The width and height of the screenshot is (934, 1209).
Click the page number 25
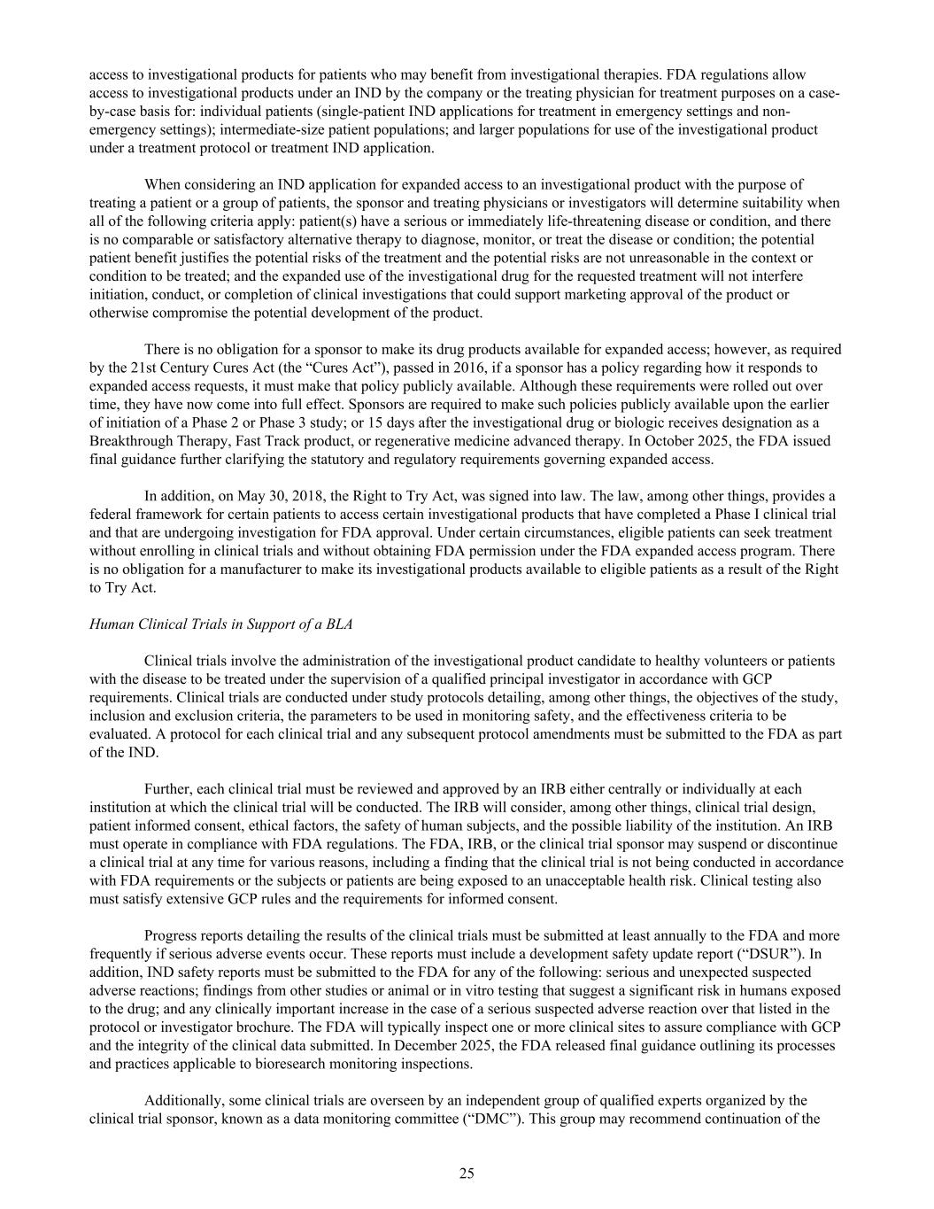[x=467, y=1174]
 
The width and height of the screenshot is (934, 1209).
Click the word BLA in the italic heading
[x=338, y=624]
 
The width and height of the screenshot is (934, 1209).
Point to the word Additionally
[x=183, y=1101]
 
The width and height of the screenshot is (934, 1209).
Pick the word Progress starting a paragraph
[x=171, y=935]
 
